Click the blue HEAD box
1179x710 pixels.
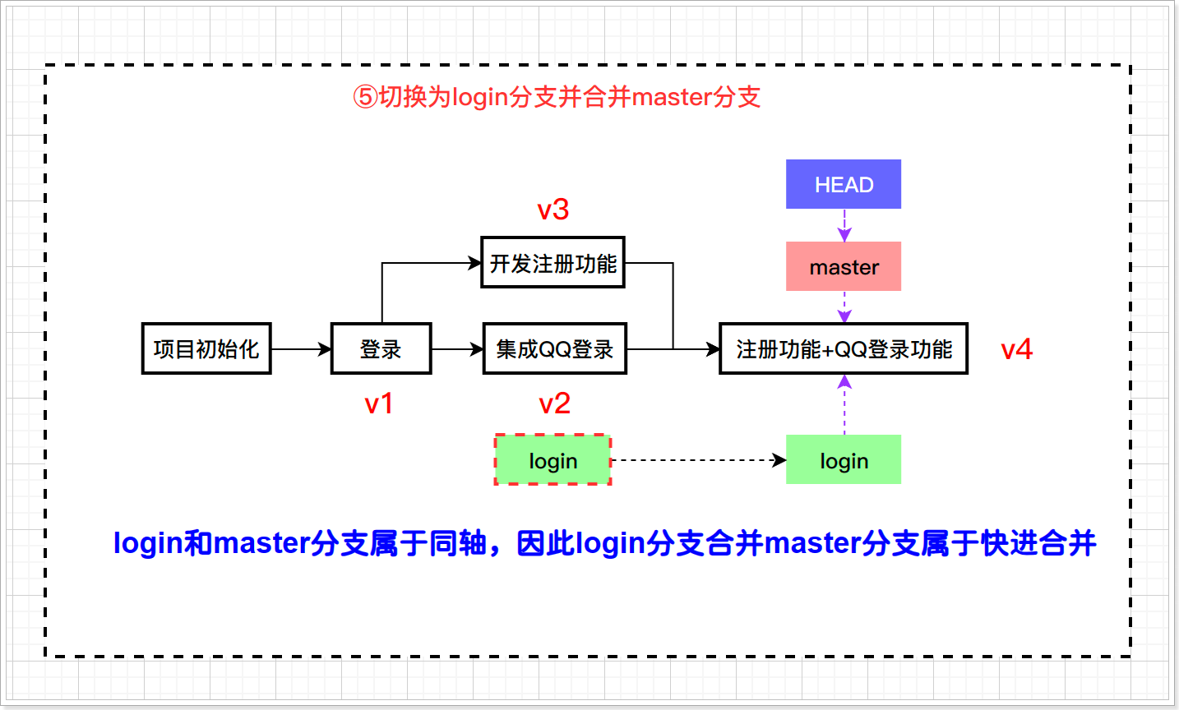(843, 184)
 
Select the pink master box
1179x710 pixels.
(843, 266)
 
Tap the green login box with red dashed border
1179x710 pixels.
(553, 460)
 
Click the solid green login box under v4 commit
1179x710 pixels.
(843, 460)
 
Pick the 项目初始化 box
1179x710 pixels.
(206, 348)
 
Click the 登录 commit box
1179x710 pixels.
(381, 348)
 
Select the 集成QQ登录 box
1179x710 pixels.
(554, 348)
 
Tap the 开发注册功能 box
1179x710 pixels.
(553, 263)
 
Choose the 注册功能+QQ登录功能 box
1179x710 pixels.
(843, 348)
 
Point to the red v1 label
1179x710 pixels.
(379, 403)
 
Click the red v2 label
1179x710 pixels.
(554, 403)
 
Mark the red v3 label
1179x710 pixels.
(553, 210)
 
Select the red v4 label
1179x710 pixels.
(1016, 349)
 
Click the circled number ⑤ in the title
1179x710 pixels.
(364, 97)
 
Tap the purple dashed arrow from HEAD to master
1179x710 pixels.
(844, 224)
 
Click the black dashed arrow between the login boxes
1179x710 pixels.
(697, 460)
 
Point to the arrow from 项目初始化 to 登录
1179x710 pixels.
(300, 349)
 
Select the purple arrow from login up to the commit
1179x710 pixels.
(844, 404)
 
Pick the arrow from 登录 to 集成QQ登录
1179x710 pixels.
(456, 349)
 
